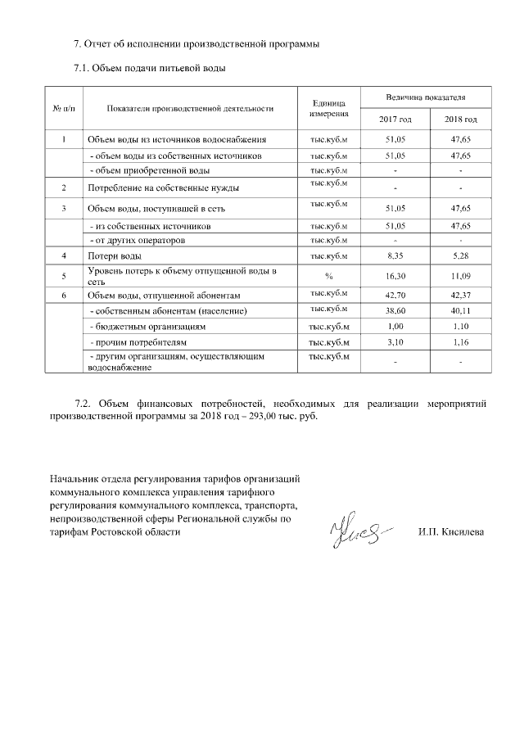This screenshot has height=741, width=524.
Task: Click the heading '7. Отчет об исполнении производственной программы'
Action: (x=196, y=43)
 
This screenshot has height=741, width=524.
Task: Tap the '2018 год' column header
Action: (x=461, y=120)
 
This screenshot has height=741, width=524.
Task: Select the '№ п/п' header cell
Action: (x=64, y=108)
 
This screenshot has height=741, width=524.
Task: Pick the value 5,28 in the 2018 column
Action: (x=461, y=256)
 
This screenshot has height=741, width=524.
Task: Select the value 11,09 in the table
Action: (x=461, y=276)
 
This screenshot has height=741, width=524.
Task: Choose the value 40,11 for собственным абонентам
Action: (x=461, y=311)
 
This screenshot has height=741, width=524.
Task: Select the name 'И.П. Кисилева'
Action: (x=450, y=532)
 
